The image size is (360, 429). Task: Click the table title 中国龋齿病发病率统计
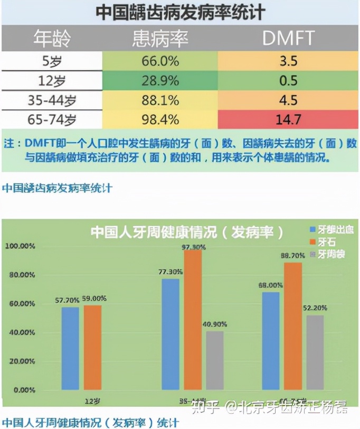180,12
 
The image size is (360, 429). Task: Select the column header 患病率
160,38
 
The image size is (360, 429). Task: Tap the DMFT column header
288,38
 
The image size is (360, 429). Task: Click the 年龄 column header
51,38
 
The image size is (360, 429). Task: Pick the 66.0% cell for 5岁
160,61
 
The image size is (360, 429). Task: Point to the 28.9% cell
160,80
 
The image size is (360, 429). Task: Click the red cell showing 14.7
288,120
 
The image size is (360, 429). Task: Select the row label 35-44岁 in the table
51,100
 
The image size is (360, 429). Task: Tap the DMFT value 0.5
288,80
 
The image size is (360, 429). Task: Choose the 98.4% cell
160,120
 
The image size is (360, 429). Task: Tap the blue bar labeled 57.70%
70,349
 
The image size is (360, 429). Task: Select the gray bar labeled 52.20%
315,352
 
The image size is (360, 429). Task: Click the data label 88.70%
293,255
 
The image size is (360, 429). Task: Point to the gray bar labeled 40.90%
215,360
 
